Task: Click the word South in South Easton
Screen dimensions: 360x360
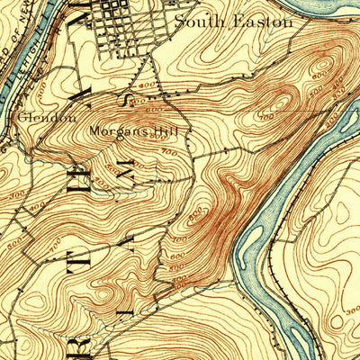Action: click(197, 20)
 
